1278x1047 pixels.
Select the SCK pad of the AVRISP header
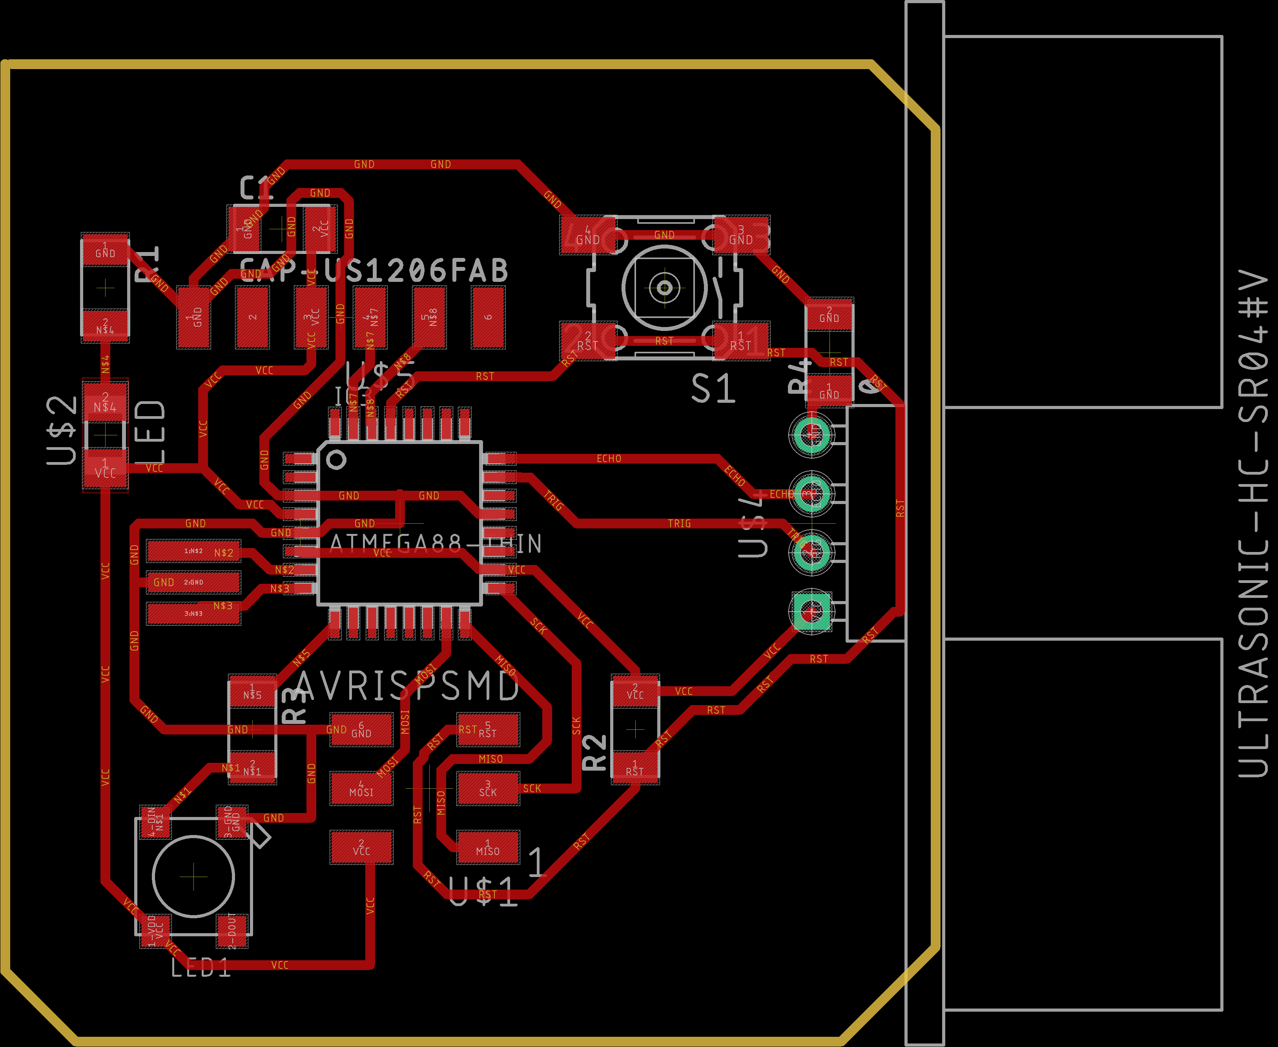488,788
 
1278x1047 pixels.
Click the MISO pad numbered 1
488,847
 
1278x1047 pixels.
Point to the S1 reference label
713,389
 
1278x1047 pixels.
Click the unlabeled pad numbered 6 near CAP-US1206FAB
488,317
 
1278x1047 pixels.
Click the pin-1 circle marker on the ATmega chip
336,460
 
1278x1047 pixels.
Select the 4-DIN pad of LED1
155,821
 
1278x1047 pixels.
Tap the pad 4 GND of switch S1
587,235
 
